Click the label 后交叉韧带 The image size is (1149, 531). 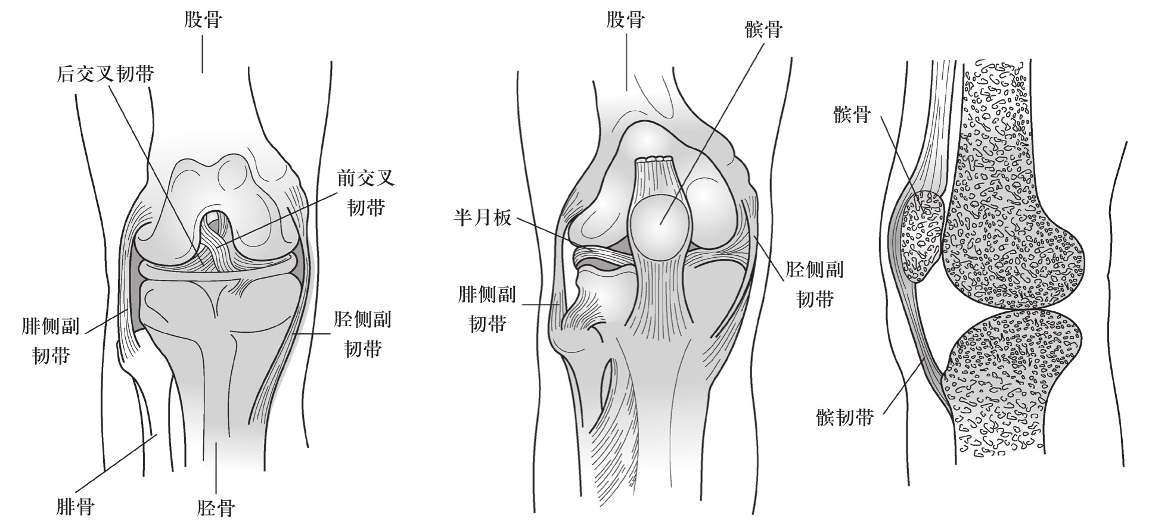[105, 74]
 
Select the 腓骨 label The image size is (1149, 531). [75, 508]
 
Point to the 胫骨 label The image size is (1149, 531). [216, 508]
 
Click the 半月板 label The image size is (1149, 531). [483, 218]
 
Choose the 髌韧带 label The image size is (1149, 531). [845, 417]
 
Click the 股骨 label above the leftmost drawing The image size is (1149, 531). [203, 20]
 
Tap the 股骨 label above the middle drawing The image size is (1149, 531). [626, 20]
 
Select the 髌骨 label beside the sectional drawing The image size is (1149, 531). [852, 114]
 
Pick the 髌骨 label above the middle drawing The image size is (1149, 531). [764, 29]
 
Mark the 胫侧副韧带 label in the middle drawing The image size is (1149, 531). [815, 285]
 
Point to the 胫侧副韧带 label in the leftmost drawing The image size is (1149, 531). [362, 334]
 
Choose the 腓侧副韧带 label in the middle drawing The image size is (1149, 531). [487, 309]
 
